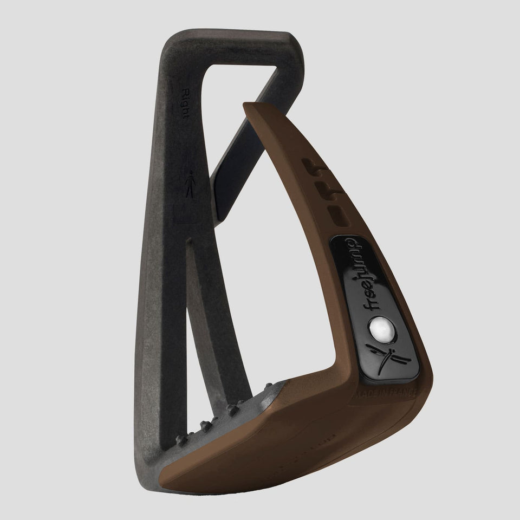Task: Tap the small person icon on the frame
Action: click(x=188, y=184)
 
